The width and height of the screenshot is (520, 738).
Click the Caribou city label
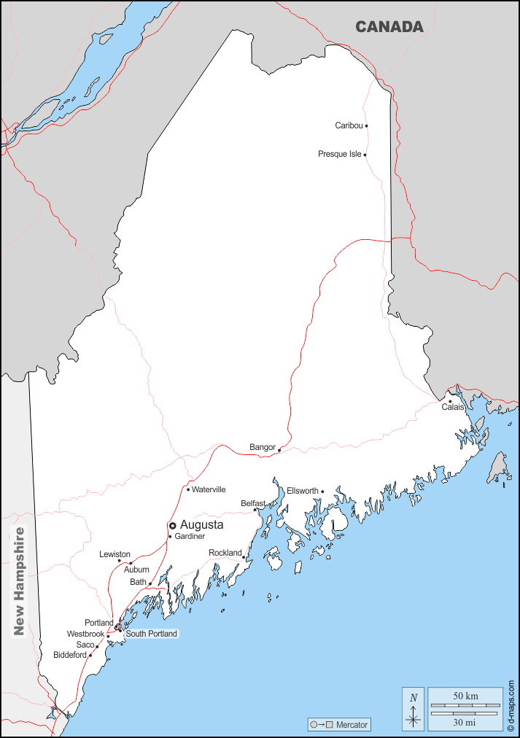[349, 125]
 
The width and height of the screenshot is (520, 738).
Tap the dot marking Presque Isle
[365, 155]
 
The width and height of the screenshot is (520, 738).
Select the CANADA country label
[389, 27]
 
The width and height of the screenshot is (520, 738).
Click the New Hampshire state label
[19, 581]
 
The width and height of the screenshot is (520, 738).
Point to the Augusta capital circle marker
[173, 525]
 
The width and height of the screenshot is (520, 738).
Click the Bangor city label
[262, 447]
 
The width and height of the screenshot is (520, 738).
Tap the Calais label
[453, 407]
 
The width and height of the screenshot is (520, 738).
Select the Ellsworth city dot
[322, 492]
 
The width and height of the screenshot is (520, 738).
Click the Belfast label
[252, 503]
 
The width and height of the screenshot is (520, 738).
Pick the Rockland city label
[225, 553]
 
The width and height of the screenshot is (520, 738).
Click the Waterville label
[209, 489]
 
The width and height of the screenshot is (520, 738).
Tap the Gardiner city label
[190, 536]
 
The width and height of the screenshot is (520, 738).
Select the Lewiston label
[115, 554]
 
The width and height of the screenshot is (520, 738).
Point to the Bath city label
[138, 582]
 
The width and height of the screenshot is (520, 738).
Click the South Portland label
[151, 634]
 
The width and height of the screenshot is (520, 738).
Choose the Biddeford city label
[70, 655]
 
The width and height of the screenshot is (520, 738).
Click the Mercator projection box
[340, 725]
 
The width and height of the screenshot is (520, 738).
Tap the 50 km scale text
[465, 696]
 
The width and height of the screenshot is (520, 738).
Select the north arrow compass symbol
[414, 709]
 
